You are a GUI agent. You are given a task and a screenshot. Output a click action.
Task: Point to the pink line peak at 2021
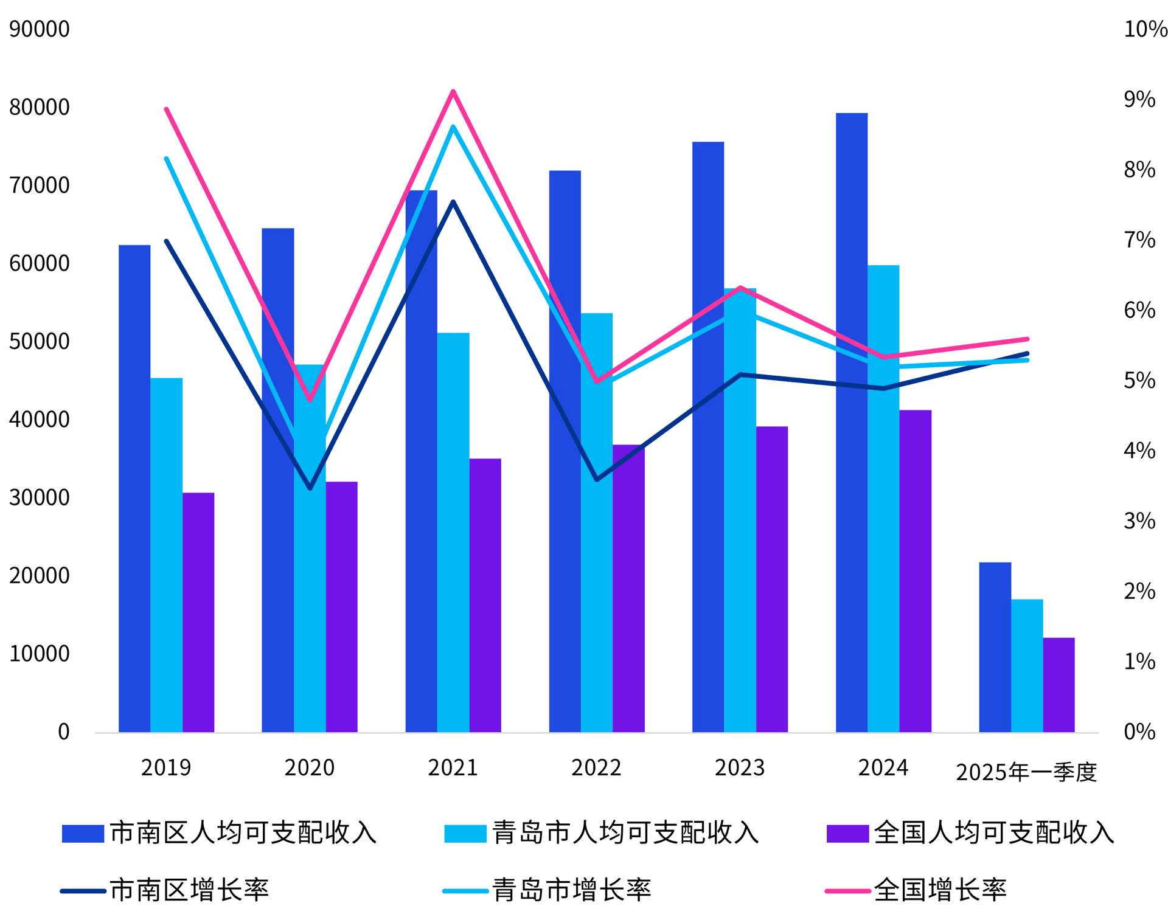pyautogui.click(x=453, y=91)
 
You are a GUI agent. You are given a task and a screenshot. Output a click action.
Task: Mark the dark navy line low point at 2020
pyautogui.click(x=310, y=488)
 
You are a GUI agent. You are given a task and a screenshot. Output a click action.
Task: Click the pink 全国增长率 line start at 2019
pyautogui.click(x=166, y=109)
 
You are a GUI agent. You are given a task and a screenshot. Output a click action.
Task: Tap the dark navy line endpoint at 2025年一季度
pyautogui.click(x=1027, y=353)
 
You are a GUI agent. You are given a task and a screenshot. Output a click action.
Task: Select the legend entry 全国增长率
pyautogui.click(x=916, y=890)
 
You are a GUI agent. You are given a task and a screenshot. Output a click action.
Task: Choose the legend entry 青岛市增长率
pyautogui.click(x=547, y=890)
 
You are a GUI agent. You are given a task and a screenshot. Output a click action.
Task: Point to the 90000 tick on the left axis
pyautogui.click(x=39, y=29)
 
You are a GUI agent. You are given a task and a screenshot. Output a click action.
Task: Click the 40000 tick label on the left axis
pyautogui.click(x=39, y=420)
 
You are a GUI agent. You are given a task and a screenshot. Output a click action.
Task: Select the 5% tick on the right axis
pyautogui.click(x=1139, y=381)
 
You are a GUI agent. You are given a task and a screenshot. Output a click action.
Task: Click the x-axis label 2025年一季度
pyautogui.click(x=1026, y=772)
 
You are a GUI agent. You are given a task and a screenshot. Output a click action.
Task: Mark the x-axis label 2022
pyautogui.click(x=596, y=768)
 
